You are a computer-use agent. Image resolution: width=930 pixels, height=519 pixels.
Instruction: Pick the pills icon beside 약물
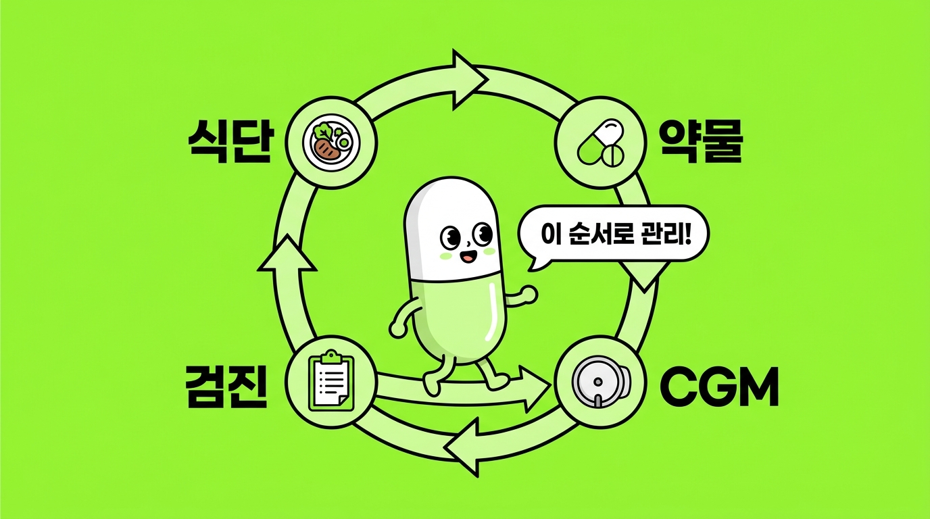point(600,143)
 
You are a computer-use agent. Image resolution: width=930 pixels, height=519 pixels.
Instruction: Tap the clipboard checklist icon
point(331,381)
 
